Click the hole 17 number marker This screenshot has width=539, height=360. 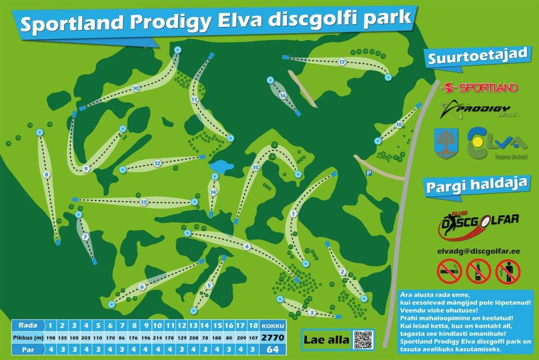(x=342, y=62)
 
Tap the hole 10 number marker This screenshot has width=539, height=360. (x=136, y=89)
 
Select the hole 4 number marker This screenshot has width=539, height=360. (x=247, y=246)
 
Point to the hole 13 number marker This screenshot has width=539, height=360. (x=144, y=202)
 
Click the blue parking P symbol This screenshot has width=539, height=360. (x=369, y=173)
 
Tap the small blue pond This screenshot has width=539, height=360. (x=221, y=166)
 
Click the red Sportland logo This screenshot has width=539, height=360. (x=479, y=87)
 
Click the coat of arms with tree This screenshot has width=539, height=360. (x=446, y=143)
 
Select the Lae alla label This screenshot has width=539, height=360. (x=326, y=340)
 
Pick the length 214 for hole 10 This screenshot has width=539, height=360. (x=157, y=337)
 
